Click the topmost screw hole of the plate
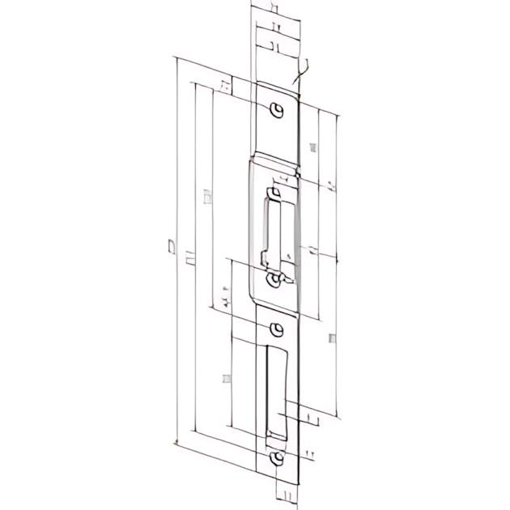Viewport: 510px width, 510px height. click(x=277, y=111)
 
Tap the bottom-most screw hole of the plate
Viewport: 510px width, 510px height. click(x=278, y=459)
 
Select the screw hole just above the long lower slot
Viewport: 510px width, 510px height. click(x=278, y=329)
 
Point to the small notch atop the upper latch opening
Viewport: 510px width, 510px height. click(x=277, y=192)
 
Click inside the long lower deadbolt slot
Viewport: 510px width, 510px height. click(x=275, y=389)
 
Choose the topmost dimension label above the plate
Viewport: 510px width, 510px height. click(x=274, y=8)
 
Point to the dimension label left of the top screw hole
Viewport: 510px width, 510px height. click(x=225, y=85)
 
